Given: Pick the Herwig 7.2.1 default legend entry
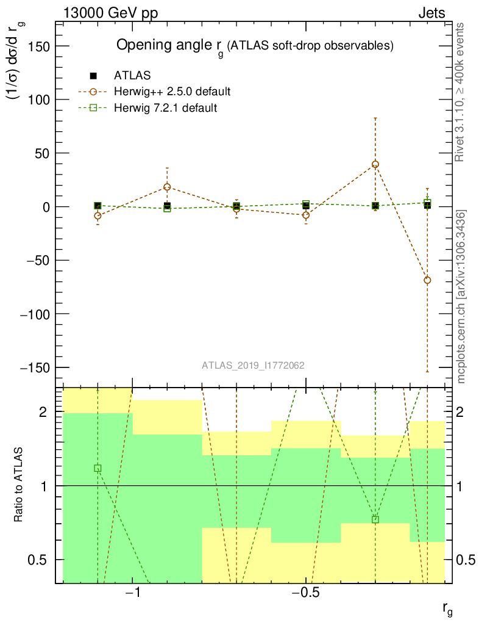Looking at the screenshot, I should pos(165,108).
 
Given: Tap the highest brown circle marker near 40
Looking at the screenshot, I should pos(375,164).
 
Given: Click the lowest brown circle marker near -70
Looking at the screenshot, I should pos(427,280).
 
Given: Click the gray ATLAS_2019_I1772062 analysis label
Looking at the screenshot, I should pos(253,366).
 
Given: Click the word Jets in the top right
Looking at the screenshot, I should pos(431,13).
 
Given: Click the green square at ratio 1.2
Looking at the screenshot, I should pos(98,468).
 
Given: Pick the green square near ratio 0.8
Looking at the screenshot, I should pos(375,519).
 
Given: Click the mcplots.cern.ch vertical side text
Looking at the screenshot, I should pos(462,297).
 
